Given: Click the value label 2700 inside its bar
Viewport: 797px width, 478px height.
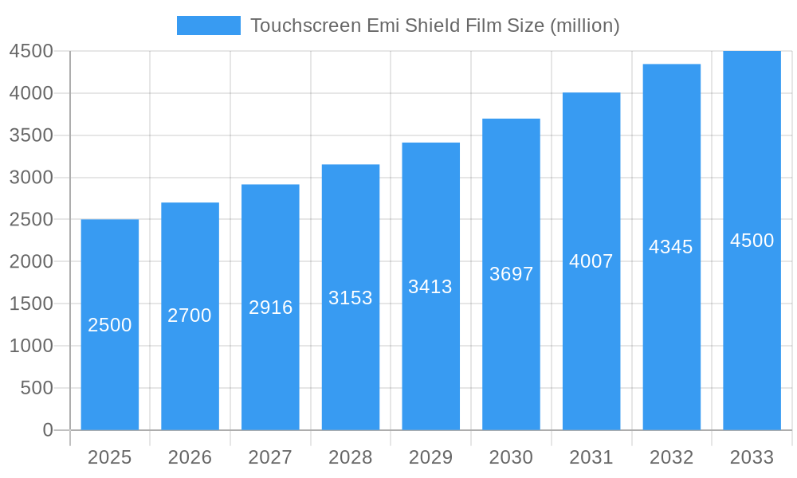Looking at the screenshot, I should tap(190, 315).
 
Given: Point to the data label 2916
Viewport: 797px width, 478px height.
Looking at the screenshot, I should tap(271, 308).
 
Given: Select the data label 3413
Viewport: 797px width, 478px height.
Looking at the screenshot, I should tap(430, 287).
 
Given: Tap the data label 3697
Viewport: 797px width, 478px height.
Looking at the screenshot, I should tap(512, 274).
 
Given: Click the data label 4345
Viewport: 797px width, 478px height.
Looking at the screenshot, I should tap(671, 247).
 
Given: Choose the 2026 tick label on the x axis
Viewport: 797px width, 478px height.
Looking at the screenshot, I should tap(190, 457).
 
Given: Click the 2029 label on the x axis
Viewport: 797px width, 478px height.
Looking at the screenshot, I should tap(430, 457).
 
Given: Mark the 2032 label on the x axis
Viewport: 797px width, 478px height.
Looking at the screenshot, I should tap(671, 457).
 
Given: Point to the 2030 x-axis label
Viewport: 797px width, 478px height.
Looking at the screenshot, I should tap(511, 457).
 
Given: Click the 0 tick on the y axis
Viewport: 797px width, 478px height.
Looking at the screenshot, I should tap(48, 430).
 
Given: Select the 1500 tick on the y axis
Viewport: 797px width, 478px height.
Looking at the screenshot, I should tap(31, 304).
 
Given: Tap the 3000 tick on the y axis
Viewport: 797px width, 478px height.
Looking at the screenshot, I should tap(31, 178).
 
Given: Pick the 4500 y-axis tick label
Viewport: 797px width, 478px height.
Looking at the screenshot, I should tap(31, 51).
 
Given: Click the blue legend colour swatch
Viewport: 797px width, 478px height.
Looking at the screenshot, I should tap(209, 25).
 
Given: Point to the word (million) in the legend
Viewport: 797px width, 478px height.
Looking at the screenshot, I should tap(585, 25).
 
